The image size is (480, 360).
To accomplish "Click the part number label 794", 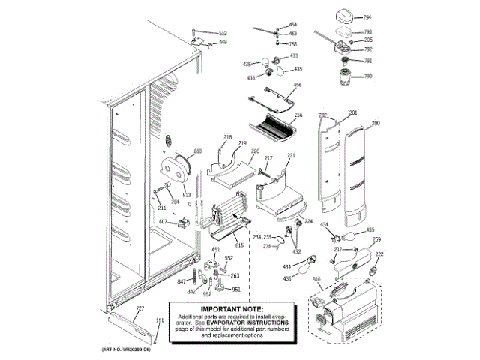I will (367, 16).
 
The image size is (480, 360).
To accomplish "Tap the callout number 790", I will (367, 76).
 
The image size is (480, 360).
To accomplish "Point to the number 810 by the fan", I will (198, 152).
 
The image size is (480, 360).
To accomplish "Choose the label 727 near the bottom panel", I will (139, 309).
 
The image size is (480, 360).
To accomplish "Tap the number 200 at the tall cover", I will (376, 123).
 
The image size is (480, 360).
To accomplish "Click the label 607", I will (162, 222).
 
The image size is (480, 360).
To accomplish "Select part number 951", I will (235, 289).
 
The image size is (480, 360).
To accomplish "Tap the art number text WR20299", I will (132, 350).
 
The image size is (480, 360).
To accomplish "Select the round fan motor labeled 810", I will (178, 166).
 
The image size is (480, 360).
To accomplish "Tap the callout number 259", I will (376, 240).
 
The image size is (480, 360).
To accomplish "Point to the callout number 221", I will (291, 156).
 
